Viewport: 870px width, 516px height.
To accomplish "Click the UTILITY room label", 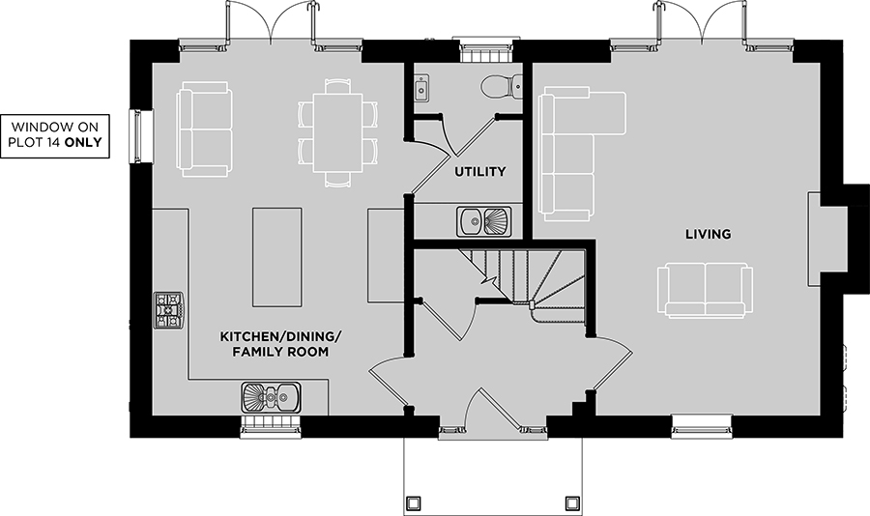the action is pos(479,171).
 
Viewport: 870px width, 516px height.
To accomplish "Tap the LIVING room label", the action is pos(708,234).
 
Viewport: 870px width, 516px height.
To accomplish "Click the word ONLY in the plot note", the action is pos(83,142).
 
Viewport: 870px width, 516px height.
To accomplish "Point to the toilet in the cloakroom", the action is pos(501,87).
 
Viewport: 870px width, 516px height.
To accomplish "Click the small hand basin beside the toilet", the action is pos(420,89).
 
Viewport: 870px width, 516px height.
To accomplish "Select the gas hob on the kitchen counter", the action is pos(168,311).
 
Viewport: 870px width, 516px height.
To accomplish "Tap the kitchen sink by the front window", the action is pos(272,397).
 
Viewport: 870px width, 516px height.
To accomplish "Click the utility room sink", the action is pos(484,221).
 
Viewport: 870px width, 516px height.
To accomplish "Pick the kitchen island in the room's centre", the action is pos(277,257).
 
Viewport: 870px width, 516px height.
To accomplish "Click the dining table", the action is pos(338,133).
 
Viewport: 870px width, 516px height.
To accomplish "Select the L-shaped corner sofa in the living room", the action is pos(582,154).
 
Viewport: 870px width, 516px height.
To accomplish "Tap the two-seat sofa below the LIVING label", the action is pos(706,291).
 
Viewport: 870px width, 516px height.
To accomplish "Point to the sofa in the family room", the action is pos(204,129).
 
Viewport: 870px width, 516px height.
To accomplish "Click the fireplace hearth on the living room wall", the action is pos(827,239).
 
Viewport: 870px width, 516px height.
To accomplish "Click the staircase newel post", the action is pos(532,304).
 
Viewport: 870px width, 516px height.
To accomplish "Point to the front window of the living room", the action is pos(702,425).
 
